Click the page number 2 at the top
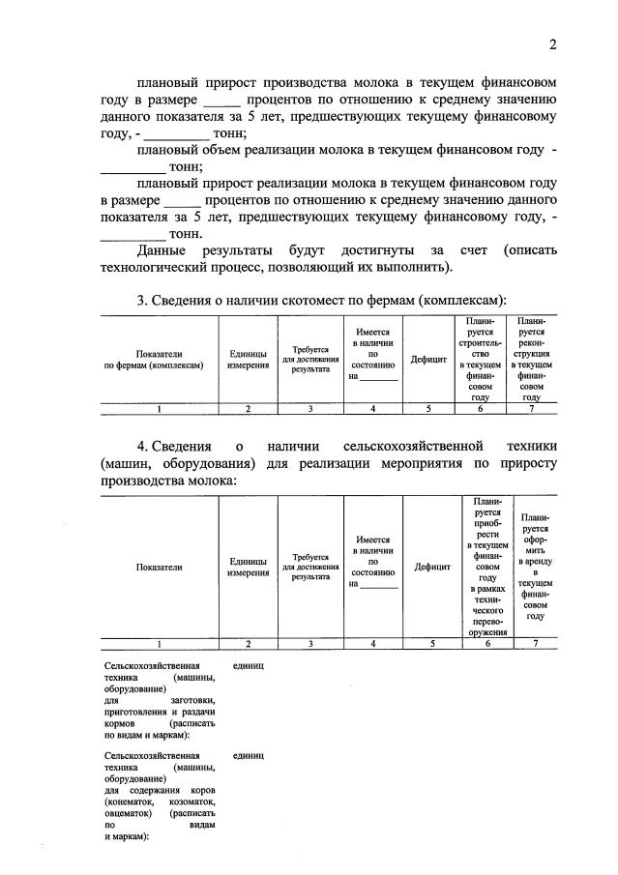552,44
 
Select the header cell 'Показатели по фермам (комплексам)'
160,361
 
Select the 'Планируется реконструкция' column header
531,358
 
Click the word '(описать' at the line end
530,250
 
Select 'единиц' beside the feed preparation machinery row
249,665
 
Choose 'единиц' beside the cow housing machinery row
249,755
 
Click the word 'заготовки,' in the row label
193,700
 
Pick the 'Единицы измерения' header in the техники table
249,568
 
